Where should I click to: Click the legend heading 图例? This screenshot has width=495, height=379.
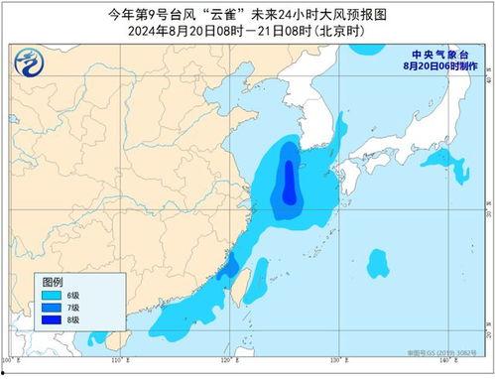[52, 282]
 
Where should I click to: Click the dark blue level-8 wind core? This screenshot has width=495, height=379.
[288, 182]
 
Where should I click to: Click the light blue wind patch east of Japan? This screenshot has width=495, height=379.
[441, 161]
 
